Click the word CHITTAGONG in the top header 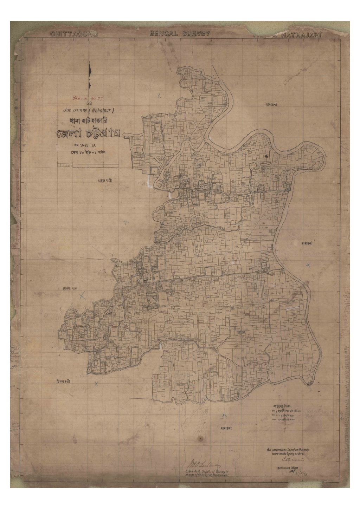(x=74, y=34)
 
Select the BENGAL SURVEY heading (x=180, y=33)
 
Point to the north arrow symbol (x=90, y=76)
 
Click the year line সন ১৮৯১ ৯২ (x=88, y=145)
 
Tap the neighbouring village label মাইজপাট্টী (x=107, y=181)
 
